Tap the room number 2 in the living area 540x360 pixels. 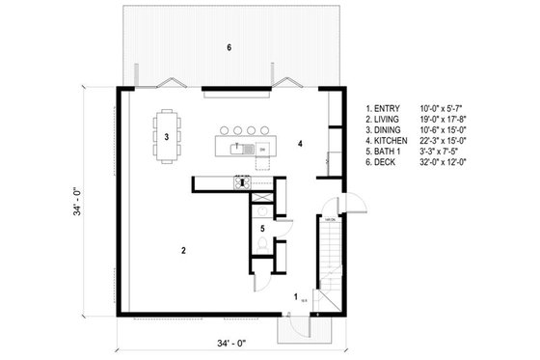182,249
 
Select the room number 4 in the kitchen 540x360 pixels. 301,144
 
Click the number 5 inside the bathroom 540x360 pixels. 263,229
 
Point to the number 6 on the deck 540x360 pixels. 229,47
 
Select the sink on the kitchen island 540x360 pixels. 236,148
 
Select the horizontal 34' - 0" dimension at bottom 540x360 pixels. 229,343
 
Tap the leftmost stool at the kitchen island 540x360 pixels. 225,128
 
